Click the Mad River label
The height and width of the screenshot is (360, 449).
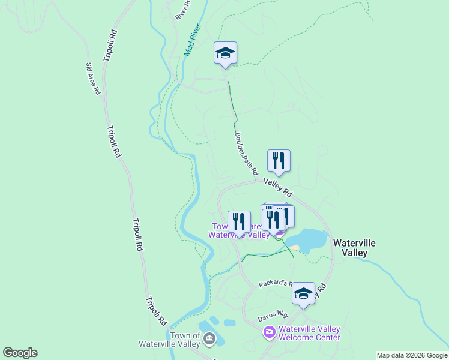(x=193, y=40)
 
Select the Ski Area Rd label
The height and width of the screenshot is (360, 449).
(x=92, y=79)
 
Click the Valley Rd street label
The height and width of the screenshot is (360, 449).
(x=277, y=187)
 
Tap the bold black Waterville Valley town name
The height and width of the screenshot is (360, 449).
(x=354, y=247)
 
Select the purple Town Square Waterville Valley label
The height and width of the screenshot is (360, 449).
(x=239, y=232)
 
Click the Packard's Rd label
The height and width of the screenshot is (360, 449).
(x=276, y=284)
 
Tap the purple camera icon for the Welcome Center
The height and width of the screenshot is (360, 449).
(x=269, y=331)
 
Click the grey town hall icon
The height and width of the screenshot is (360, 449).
(x=209, y=340)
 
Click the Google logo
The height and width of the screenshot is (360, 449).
(x=20, y=353)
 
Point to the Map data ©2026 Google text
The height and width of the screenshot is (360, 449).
(x=412, y=355)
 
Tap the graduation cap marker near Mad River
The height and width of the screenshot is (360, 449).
(x=225, y=53)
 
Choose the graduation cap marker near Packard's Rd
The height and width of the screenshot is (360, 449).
(x=303, y=293)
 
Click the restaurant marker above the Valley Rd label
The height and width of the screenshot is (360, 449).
(x=279, y=160)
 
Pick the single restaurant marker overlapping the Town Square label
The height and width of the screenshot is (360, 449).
(x=240, y=221)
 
